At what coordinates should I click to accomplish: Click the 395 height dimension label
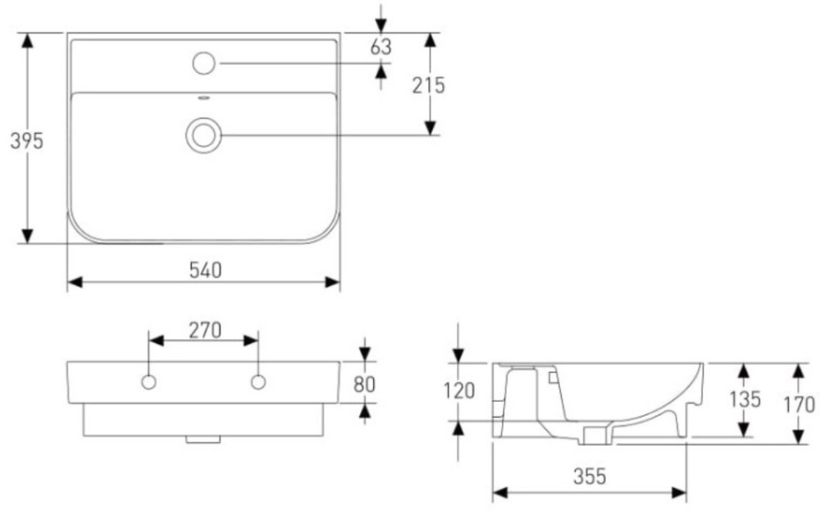point(27,140)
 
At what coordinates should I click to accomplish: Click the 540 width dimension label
point(205,270)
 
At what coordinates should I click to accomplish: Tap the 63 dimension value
point(380,47)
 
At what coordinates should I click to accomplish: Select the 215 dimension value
point(428,85)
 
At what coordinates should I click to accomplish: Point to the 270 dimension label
point(205,331)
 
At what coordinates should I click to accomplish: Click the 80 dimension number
point(364,385)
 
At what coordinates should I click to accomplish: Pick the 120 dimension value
point(459,391)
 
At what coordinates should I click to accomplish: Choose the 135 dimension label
point(745,400)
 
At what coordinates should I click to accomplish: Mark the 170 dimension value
point(799,404)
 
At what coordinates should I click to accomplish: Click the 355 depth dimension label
point(590,477)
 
